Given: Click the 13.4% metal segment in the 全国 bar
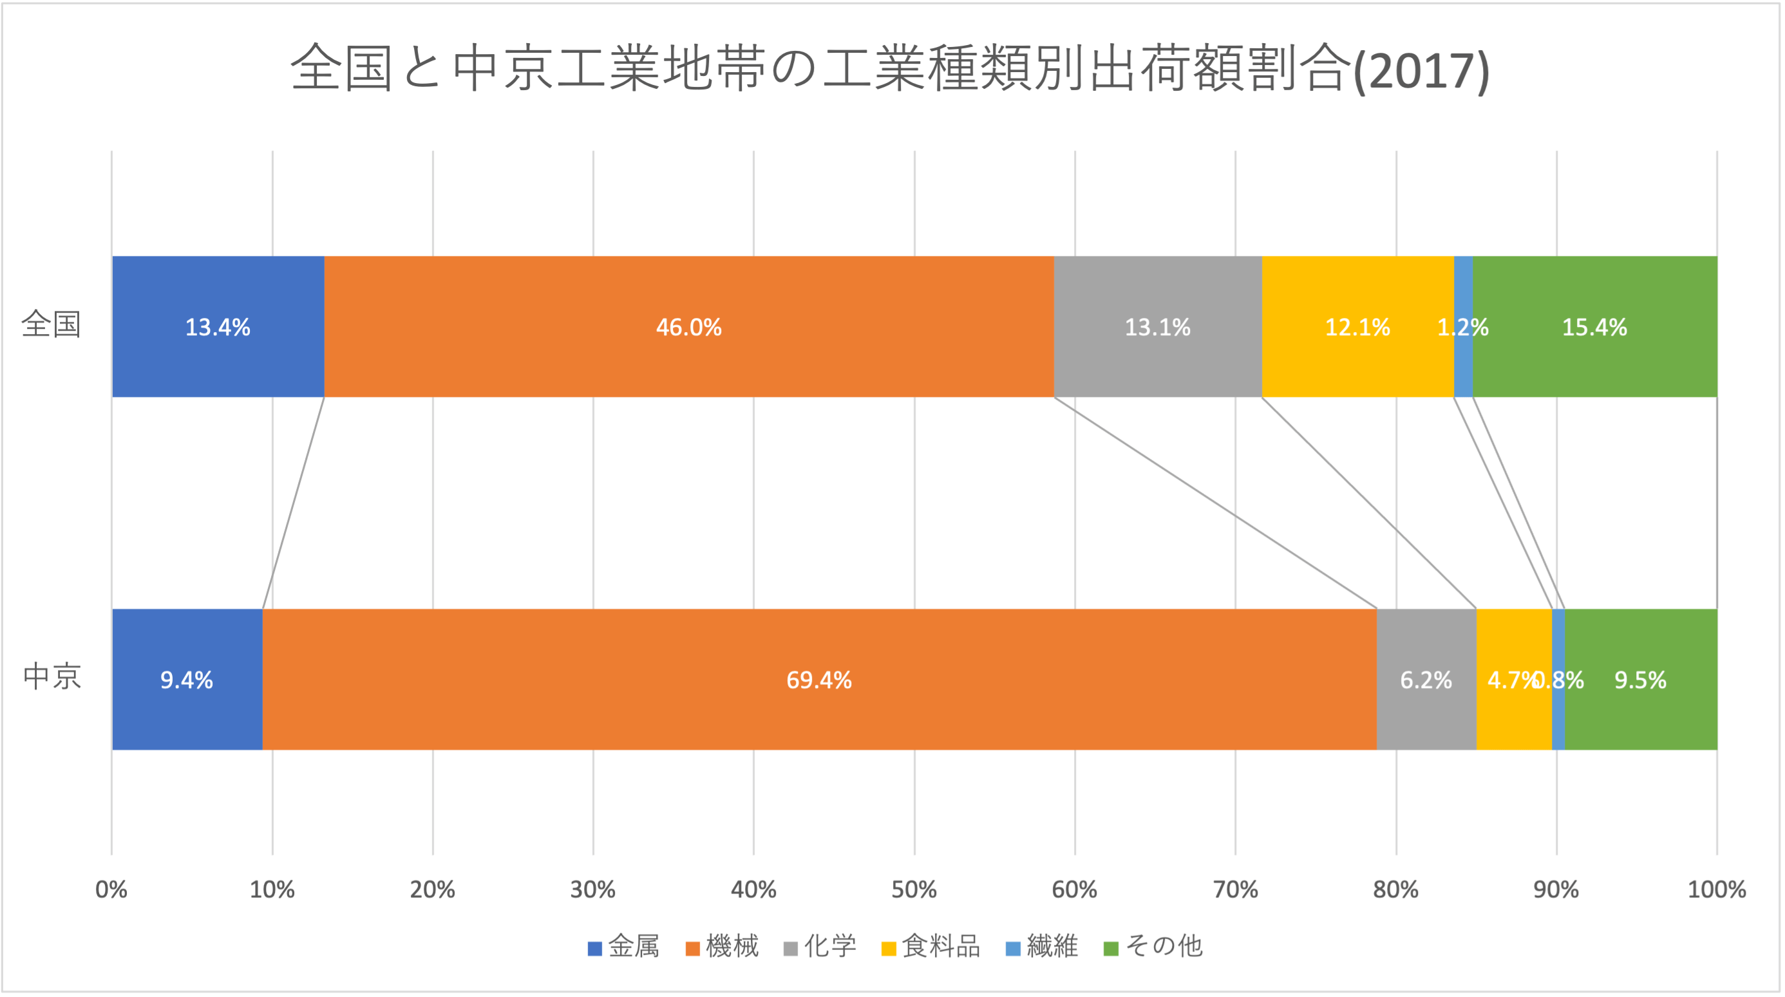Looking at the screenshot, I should pos(218,326).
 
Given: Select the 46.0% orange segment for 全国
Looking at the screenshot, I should pos(689,326).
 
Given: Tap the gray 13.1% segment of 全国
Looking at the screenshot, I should pos(1157,326).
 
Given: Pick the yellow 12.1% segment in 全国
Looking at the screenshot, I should pos(1357,326).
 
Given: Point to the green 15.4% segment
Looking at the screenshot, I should pos(1594,326).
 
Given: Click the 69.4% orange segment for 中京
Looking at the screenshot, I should pos(819,680).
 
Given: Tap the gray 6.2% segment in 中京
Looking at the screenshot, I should pos(1426,680).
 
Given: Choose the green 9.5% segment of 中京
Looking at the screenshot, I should pos(1640,680).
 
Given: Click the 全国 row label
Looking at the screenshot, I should pos(52,324).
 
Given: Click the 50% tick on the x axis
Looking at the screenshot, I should pos(914,889).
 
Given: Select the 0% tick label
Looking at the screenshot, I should pos(111,889).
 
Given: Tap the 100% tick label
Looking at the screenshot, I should pos(1716,889).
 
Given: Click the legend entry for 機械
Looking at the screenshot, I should pos(722,946).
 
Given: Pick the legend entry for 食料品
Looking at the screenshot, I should pos(930,946).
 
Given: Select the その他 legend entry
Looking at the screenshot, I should pos(1154,946).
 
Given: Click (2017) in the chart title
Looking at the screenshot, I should pos(1421,71).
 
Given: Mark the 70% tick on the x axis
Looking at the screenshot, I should pos(1236,889).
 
